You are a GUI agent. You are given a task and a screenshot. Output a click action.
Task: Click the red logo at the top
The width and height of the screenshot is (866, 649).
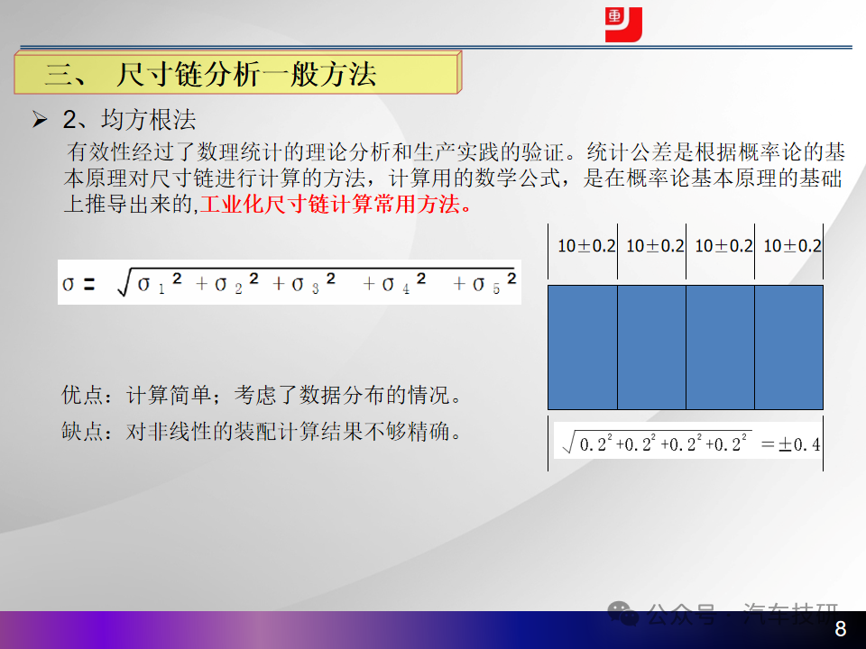[x=623, y=25]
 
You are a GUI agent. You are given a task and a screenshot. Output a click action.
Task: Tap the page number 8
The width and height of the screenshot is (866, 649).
[x=840, y=628]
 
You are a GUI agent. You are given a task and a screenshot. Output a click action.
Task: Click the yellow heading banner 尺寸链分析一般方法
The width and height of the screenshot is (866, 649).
[x=237, y=73]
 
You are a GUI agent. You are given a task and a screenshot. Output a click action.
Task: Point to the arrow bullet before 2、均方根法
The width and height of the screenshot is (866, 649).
[x=40, y=119]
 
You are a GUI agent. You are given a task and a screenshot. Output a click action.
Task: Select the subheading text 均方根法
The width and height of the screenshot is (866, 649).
[x=149, y=120]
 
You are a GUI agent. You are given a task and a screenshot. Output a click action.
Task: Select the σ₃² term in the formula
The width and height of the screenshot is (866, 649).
[x=314, y=282]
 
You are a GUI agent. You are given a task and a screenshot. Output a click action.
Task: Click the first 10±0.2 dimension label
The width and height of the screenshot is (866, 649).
[x=586, y=246]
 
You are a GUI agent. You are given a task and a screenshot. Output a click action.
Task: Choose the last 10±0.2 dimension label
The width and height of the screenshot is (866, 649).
[x=793, y=246]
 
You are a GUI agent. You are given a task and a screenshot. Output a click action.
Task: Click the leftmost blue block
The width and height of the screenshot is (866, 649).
[x=583, y=348]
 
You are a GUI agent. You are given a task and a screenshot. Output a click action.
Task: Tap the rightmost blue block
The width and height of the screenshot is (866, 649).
[x=788, y=348]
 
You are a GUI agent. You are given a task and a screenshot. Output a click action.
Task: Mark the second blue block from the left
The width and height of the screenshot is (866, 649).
[x=651, y=348]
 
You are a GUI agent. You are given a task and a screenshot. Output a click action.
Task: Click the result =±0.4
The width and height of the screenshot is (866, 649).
[x=790, y=444]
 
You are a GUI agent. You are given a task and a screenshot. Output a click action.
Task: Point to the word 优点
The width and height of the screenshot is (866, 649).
[x=82, y=395]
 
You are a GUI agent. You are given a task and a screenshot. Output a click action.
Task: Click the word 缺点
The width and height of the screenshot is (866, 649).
[x=82, y=431]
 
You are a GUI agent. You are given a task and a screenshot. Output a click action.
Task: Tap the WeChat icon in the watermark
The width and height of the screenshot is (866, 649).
[x=623, y=613]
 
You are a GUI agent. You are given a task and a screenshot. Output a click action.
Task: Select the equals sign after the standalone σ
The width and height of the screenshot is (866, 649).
[x=88, y=284]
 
